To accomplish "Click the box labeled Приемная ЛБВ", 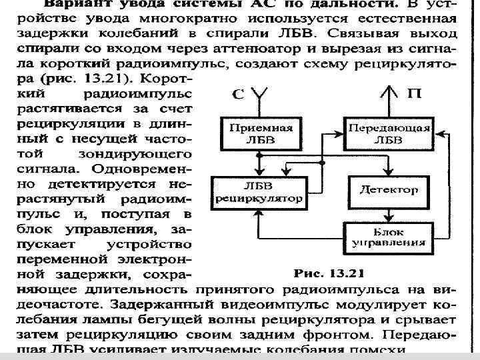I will (x=256, y=134).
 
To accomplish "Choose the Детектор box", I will (x=389, y=190).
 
